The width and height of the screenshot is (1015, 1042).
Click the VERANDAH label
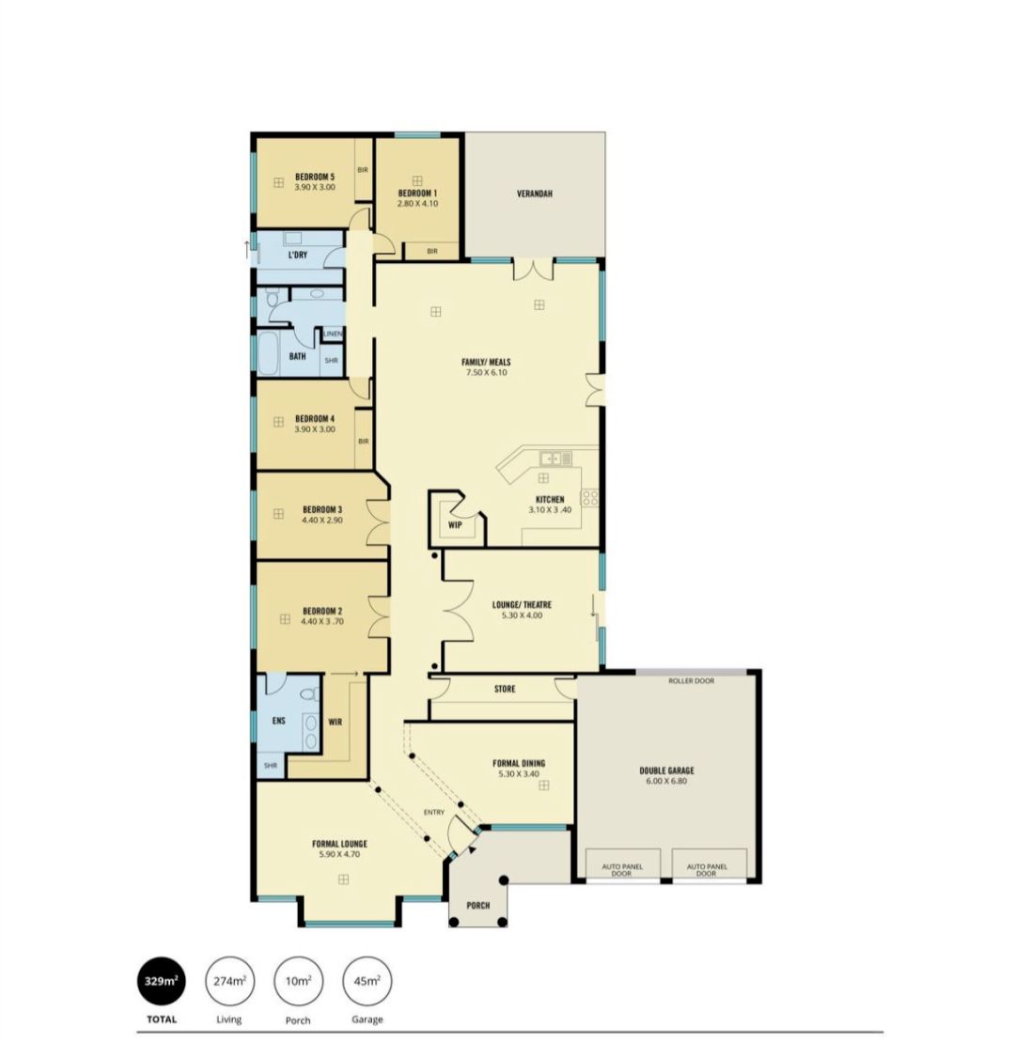(x=535, y=194)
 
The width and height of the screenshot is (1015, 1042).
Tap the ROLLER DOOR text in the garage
(x=692, y=681)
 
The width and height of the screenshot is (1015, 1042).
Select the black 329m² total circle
(x=162, y=981)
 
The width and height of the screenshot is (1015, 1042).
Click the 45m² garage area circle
(x=367, y=981)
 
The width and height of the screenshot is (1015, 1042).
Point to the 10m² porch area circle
(x=299, y=981)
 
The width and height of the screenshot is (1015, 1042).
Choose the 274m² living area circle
(x=230, y=981)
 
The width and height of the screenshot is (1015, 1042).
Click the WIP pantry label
(x=455, y=525)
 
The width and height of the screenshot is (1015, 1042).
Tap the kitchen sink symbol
(x=555, y=458)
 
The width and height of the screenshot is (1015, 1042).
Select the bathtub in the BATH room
(x=269, y=354)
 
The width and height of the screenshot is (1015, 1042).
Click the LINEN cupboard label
(x=333, y=334)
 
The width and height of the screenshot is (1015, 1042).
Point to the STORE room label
(x=506, y=689)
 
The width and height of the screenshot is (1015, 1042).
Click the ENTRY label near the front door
(x=434, y=812)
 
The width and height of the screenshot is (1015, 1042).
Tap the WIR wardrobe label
(x=335, y=722)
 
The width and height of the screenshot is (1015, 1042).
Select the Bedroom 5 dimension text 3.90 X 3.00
(x=315, y=187)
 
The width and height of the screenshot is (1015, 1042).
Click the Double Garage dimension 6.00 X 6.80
(x=666, y=781)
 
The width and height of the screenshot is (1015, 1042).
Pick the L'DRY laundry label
(x=298, y=255)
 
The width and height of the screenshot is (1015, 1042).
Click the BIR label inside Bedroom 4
(x=363, y=442)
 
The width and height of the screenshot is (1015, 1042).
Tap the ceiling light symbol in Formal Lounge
(x=344, y=879)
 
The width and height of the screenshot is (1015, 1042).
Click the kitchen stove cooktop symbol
(x=589, y=497)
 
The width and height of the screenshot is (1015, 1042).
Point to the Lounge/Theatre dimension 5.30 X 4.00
(x=522, y=615)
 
